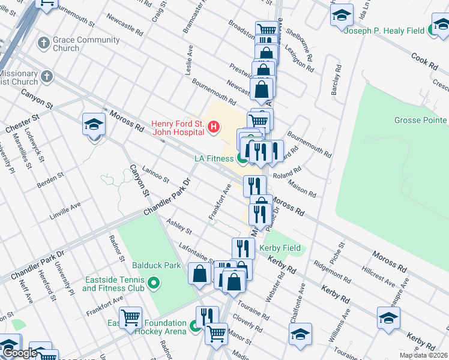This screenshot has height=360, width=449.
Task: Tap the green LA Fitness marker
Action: tap(243, 159)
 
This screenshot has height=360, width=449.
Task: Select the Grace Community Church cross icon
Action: tap(43, 43)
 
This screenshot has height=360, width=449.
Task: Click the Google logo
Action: tap(19, 353)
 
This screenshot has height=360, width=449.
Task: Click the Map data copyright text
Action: tap(423, 355)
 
